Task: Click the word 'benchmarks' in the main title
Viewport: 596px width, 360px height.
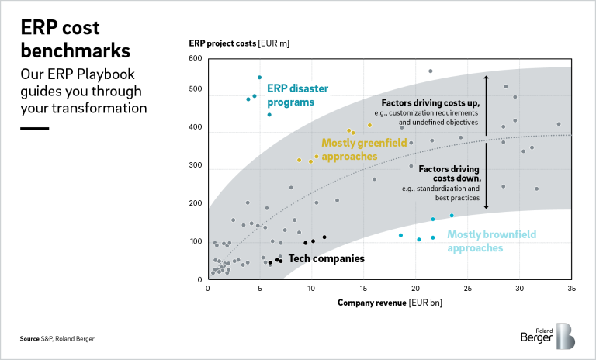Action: point(75,51)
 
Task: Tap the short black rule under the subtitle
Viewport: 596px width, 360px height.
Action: point(34,128)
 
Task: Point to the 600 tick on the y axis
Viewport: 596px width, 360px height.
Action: point(195,59)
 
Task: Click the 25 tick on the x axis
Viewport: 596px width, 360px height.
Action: point(467,289)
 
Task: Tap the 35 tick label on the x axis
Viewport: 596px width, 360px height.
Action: point(571,289)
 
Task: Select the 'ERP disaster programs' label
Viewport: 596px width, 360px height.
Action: point(290,95)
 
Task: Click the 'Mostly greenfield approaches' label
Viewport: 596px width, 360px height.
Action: point(349,150)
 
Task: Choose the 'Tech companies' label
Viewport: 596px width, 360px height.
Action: point(326,258)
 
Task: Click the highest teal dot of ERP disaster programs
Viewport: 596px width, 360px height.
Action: point(259,78)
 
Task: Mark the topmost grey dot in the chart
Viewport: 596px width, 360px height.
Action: point(431,71)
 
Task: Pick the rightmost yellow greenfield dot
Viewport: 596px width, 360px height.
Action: point(369,125)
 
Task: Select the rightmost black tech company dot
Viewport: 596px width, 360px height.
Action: point(324,237)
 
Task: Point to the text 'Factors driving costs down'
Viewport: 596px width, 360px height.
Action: point(449,173)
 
